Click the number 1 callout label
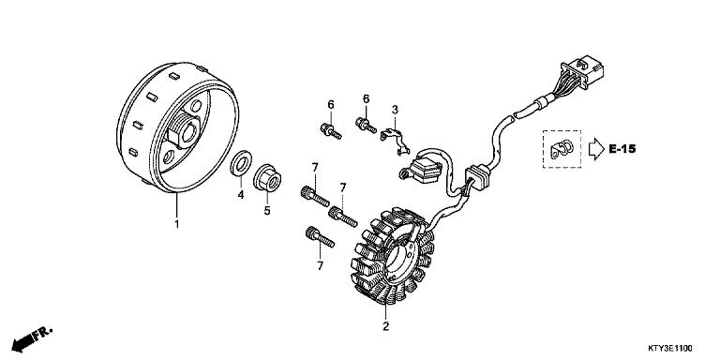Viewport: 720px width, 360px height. pos(175,224)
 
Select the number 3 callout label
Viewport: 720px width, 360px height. pos(396,110)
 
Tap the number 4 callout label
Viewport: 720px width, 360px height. pos(240,195)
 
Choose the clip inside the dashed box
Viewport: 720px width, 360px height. pos(562,148)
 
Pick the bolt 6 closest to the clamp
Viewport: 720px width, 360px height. pos(363,123)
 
